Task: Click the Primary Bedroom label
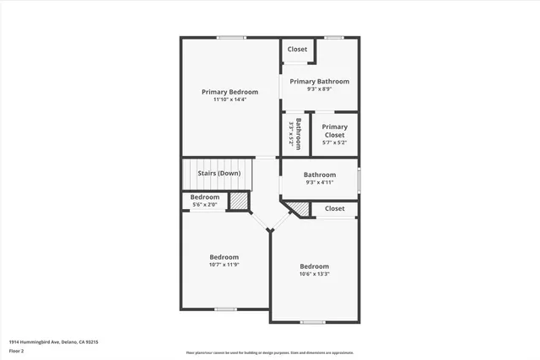(229, 92)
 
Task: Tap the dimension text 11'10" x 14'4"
(229, 100)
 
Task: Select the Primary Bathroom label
(320, 82)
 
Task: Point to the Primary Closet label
(334, 131)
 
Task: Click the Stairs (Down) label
(219, 174)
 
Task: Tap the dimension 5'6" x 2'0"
(205, 205)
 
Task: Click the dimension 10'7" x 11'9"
(224, 266)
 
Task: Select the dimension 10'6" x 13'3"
(314, 274)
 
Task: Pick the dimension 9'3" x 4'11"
(320, 183)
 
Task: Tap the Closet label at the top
(297, 50)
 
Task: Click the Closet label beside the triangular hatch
(334, 208)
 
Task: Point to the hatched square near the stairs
(240, 202)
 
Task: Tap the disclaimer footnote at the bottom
(269, 352)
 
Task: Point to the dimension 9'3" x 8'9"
(320, 90)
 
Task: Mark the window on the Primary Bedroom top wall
(230, 37)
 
